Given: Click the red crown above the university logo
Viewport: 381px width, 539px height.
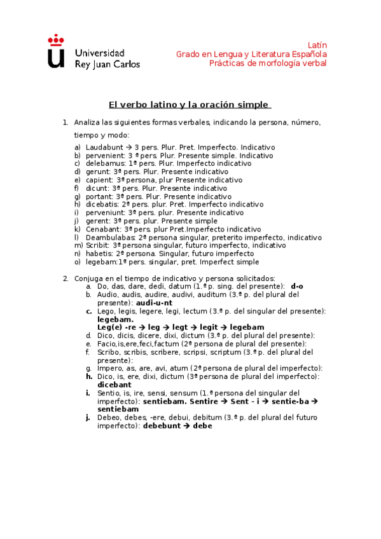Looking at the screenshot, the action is (56, 39).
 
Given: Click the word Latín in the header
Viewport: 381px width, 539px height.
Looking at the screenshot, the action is (317, 45).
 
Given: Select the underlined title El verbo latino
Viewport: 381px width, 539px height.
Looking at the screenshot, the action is (189, 104).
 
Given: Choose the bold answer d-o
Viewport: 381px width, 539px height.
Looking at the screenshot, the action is (296, 287).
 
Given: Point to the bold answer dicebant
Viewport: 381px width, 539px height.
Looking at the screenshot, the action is (114, 385).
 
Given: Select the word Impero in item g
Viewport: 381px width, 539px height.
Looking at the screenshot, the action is (109, 368).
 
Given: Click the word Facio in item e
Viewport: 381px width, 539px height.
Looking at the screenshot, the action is (107, 343).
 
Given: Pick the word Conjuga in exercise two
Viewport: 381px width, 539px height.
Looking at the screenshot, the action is (90, 278).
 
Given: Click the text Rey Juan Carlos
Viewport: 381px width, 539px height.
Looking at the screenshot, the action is (107, 64).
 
